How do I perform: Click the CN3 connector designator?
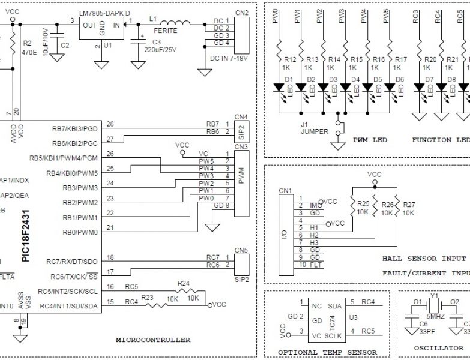point(241,146)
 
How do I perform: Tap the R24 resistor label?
point(184,283)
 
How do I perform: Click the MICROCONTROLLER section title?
point(152,340)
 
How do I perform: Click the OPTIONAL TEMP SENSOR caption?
point(328,352)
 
